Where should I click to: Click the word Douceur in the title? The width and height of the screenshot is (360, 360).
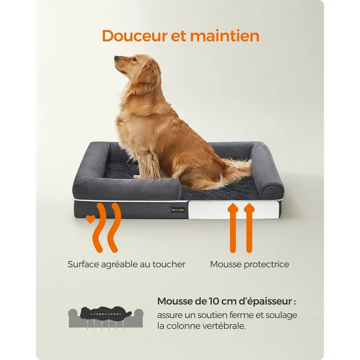135,36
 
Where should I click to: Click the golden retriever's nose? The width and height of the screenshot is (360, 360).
117,58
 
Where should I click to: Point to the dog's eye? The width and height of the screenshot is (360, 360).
135,60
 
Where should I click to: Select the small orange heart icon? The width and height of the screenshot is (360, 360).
90,219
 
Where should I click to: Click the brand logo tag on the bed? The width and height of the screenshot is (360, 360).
178,210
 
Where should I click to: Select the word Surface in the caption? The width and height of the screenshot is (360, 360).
83,264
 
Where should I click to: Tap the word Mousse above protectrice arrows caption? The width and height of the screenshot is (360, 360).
226,264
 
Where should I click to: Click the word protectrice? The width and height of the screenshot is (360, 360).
266,265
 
